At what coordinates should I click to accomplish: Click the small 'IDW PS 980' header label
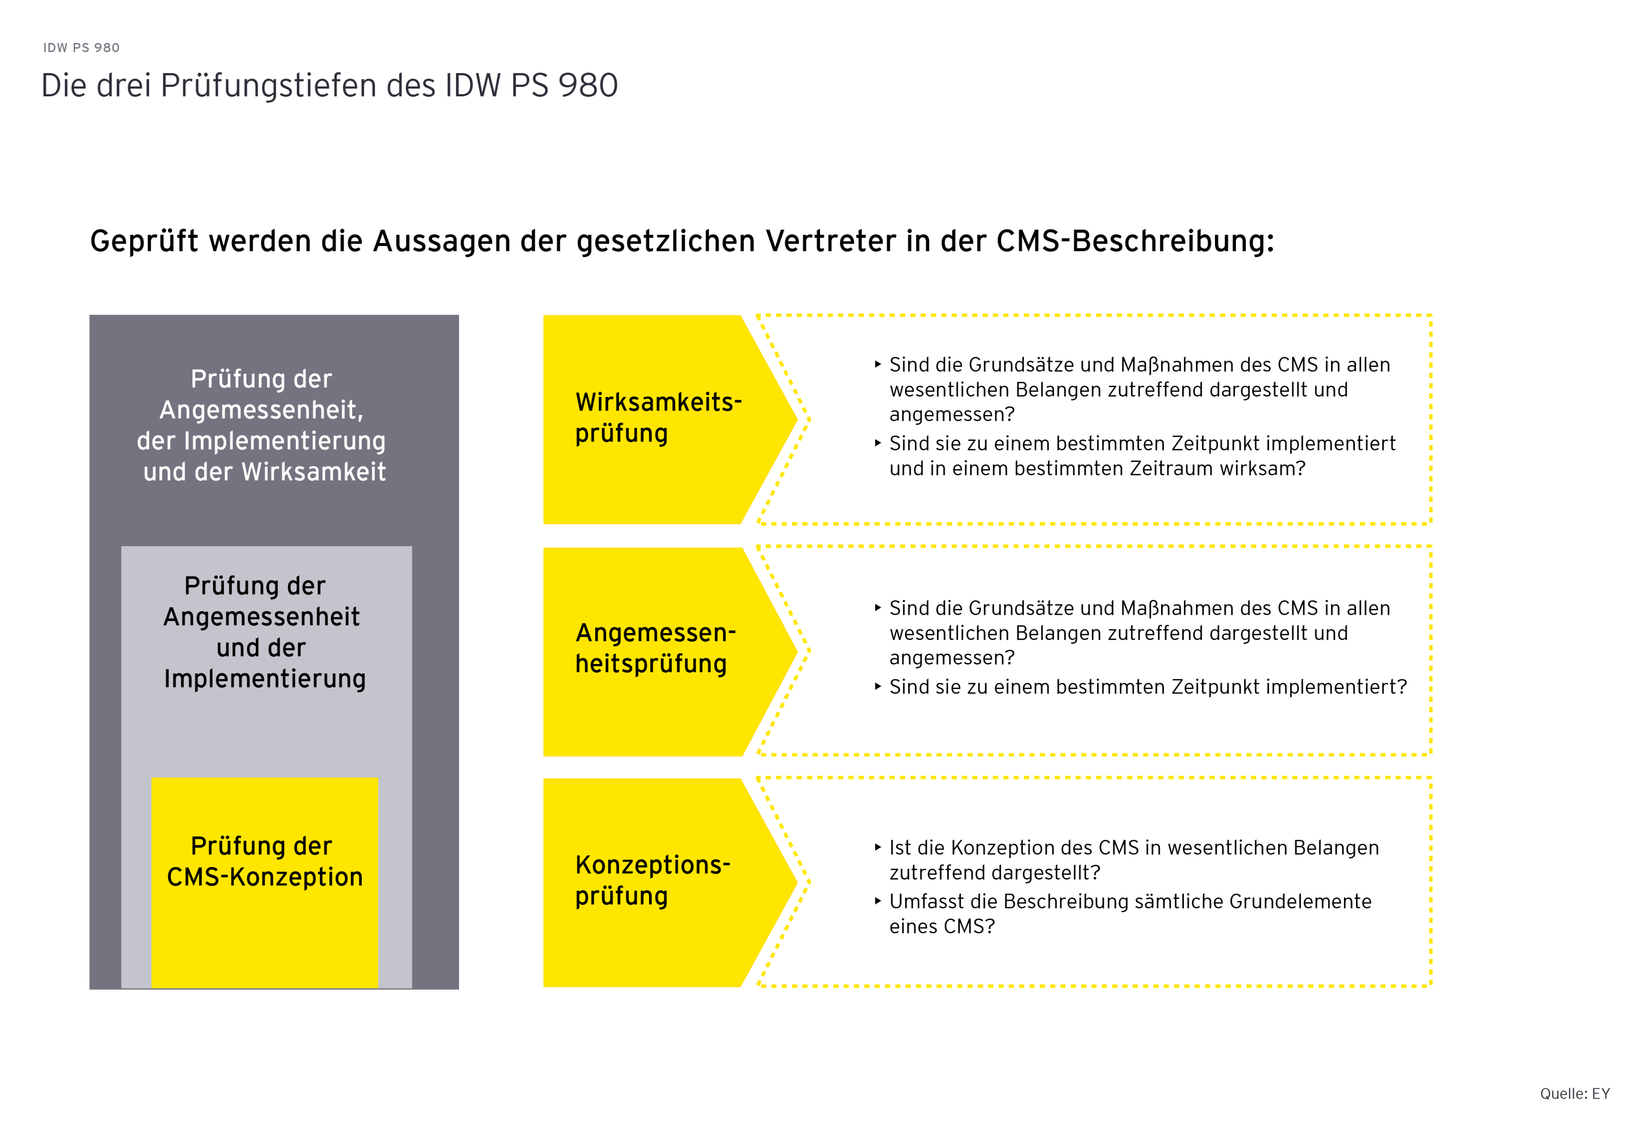(x=81, y=48)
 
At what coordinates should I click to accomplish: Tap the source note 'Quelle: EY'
(x=1574, y=1094)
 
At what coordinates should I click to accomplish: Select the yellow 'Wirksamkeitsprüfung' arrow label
(x=657, y=418)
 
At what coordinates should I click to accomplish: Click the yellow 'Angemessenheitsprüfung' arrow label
(x=655, y=648)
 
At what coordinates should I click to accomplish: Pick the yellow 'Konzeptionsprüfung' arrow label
(x=652, y=880)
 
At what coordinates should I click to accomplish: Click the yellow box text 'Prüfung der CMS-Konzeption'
(x=264, y=862)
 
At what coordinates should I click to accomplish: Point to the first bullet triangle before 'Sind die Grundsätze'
(x=878, y=364)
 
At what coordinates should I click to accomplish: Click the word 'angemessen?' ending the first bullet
(x=952, y=415)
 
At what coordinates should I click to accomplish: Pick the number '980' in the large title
(x=588, y=86)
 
